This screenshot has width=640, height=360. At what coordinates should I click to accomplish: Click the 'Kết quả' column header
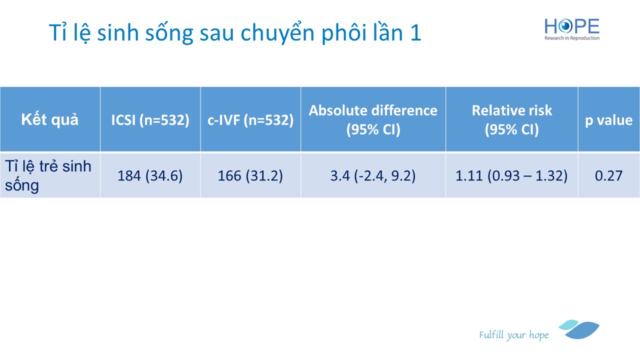tap(49, 119)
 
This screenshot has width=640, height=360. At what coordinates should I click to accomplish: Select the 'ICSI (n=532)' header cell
tap(150, 120)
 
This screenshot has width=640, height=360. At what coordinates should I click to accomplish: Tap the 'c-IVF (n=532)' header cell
tap(250, 120)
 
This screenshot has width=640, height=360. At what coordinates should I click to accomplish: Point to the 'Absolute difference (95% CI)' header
tap(373, 119)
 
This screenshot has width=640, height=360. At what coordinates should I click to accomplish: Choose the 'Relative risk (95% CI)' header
tap(511, 119)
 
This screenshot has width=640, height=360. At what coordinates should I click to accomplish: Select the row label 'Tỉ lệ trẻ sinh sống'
tap(48, 175)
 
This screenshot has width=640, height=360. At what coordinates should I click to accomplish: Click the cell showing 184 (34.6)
tap(150, 175)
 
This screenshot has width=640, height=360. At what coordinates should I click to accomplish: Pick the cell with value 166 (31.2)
tap(250, 175)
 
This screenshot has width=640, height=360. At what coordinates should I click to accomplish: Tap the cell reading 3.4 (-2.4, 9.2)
tap(373, 175)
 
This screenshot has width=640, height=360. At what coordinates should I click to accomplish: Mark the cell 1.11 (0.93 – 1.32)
tap(511, 175)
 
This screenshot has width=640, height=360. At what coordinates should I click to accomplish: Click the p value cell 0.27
tap(609, 175)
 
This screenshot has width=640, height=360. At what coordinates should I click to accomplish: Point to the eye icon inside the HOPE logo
tap(565, 26)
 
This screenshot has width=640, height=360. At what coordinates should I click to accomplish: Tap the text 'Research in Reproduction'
tap(572, 38)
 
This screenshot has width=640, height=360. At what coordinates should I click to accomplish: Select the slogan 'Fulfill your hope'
tap(514, 335)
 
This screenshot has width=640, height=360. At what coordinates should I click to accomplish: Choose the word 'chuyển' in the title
tap(278, 33)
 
